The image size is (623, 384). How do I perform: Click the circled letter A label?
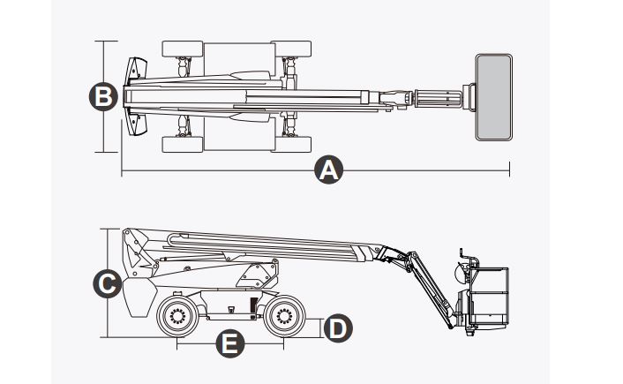tap(328, 170)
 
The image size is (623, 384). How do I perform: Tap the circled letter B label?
tap(104, 96)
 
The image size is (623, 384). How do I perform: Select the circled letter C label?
tap(107, 284)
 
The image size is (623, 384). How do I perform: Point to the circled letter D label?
tap(335, 328)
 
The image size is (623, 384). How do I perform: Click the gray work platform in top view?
tap(493, 96)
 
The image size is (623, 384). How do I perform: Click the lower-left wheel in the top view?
tap(183, 144)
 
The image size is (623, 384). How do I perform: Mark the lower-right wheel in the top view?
tap(290, 144)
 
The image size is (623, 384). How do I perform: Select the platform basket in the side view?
tap(491, 296)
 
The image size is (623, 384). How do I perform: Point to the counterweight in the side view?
tap(139, 296)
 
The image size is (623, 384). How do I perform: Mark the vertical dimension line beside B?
tap(105, 124)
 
